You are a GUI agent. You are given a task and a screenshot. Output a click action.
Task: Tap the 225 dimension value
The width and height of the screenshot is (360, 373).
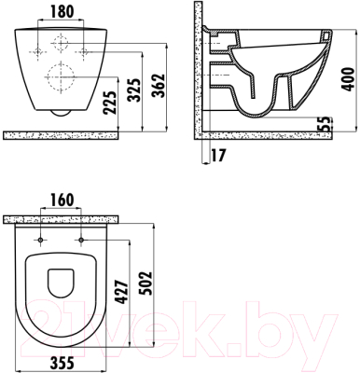point(110,103)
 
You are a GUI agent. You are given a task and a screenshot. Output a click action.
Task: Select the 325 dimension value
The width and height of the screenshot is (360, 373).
point(134,90)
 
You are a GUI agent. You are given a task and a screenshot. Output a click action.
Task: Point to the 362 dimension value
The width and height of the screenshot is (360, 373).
point(159,86)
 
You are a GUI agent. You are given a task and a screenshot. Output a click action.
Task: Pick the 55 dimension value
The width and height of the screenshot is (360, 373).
point(325,124)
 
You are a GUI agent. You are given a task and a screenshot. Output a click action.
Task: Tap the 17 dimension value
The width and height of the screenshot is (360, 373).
point(218,155)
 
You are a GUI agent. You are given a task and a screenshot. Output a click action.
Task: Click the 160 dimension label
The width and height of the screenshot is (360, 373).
point(62,200)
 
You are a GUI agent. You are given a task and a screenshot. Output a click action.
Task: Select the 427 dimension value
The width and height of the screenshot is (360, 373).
point(121,292)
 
